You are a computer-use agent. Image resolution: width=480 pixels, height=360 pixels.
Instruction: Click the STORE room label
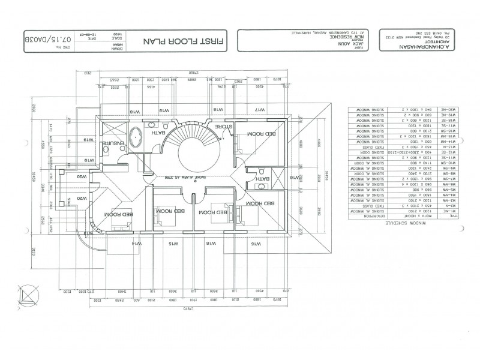(223, 127)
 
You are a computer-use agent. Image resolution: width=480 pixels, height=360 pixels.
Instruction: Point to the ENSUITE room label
(112, 145)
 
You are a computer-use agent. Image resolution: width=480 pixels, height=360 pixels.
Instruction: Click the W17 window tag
(260, 110)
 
